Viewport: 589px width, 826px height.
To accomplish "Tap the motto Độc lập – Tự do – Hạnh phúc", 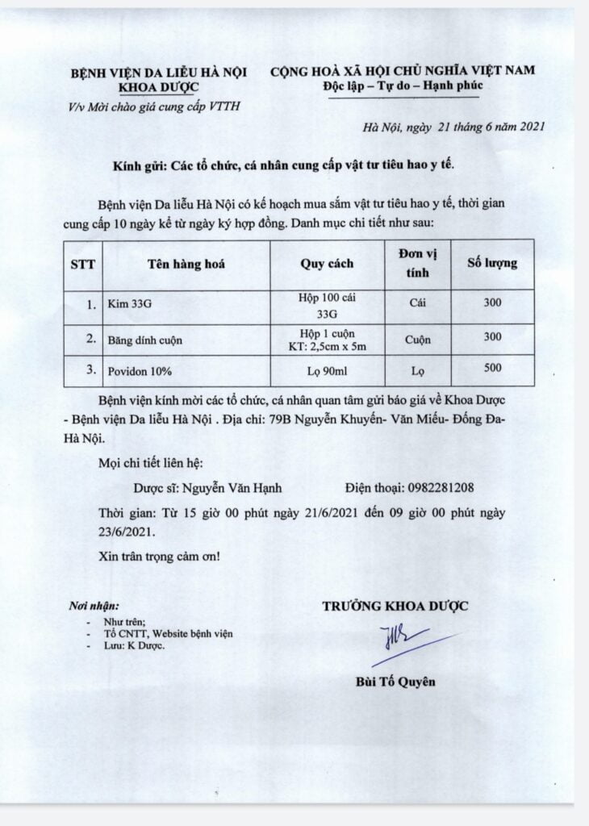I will (401, 86).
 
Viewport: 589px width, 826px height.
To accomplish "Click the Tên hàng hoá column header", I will (186, 264).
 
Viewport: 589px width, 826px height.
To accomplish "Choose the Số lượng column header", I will (493, 263).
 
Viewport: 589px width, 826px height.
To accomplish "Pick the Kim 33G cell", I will (126, 307).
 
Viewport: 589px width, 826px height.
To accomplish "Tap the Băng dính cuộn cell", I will (144, 340).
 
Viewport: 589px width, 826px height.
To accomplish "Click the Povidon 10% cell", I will (137, 370).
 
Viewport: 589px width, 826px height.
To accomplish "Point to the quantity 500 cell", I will (493, 368).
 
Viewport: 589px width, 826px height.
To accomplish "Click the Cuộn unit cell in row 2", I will (418, 340).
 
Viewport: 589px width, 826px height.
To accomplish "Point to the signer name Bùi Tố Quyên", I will (395, 681).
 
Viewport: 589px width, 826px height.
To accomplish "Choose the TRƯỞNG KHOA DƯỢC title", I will (395, 606).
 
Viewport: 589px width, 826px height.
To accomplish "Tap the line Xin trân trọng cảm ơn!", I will (159, 557).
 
